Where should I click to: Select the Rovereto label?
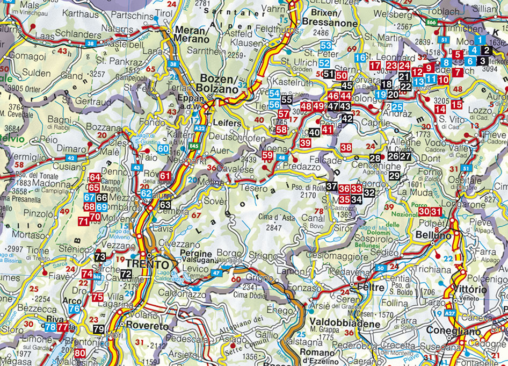tap(145, 326)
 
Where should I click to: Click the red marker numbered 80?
tap(80, 353)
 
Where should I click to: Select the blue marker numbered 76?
tap(75, 309)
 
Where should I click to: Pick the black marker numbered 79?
tap(98, 329)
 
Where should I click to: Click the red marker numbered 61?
tap(165, 176)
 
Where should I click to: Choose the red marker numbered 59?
tap(267, 156)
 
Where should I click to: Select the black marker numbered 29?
tap(395, 176)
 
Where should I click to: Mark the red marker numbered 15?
tap(456, 104)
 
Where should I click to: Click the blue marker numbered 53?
tap(325, 46)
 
